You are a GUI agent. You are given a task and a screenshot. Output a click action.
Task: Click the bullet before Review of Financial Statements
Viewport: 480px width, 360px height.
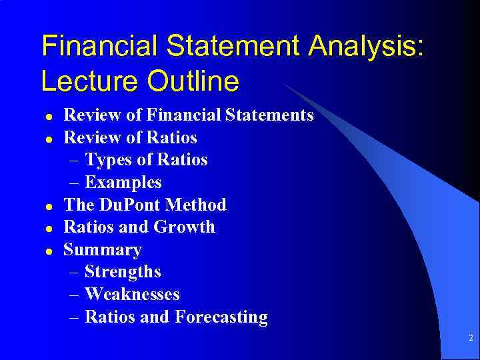point(48,116)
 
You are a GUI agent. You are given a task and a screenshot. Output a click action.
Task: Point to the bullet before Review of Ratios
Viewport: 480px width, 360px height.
point(48,139)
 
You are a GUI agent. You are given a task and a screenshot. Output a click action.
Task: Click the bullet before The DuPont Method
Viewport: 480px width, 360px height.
point(48,206)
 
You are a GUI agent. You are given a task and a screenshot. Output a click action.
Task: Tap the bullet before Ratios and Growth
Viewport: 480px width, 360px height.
point(48,228)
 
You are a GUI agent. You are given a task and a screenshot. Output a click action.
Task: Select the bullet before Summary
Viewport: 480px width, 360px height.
point(48,251)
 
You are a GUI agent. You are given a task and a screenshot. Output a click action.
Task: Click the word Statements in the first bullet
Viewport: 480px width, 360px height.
point(269,115)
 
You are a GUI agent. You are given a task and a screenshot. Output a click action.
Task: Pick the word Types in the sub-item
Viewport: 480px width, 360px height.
point(109,160)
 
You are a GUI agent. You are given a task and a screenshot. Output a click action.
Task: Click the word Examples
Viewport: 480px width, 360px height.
point(123,183)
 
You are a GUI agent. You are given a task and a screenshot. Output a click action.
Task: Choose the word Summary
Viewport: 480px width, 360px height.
point(103,250)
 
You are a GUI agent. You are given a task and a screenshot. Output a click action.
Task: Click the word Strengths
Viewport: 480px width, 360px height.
point(123,272)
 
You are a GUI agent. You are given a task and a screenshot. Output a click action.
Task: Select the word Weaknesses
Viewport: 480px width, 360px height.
point(132,295)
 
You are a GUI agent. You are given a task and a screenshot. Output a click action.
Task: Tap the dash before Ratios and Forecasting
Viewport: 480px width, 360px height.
point(75,318)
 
